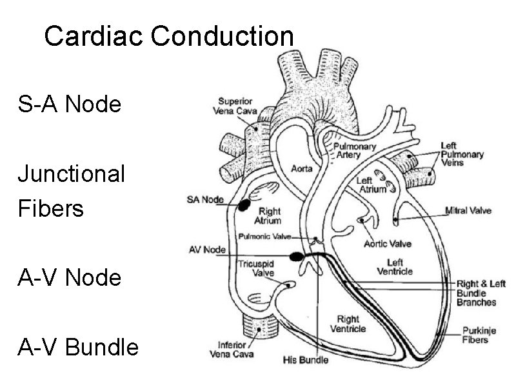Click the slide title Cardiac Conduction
coord(168,37)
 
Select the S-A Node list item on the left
coord(69,104)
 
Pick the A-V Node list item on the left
coord(69,278)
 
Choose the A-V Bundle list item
coord(77,348)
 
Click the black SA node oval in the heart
coord(244,205)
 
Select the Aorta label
coord(302,169)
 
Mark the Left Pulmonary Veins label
coord(462,155)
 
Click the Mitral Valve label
coord(468,210)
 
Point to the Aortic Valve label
coord(387,244)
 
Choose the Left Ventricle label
coord(395,266)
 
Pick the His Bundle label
coord(306,359)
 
